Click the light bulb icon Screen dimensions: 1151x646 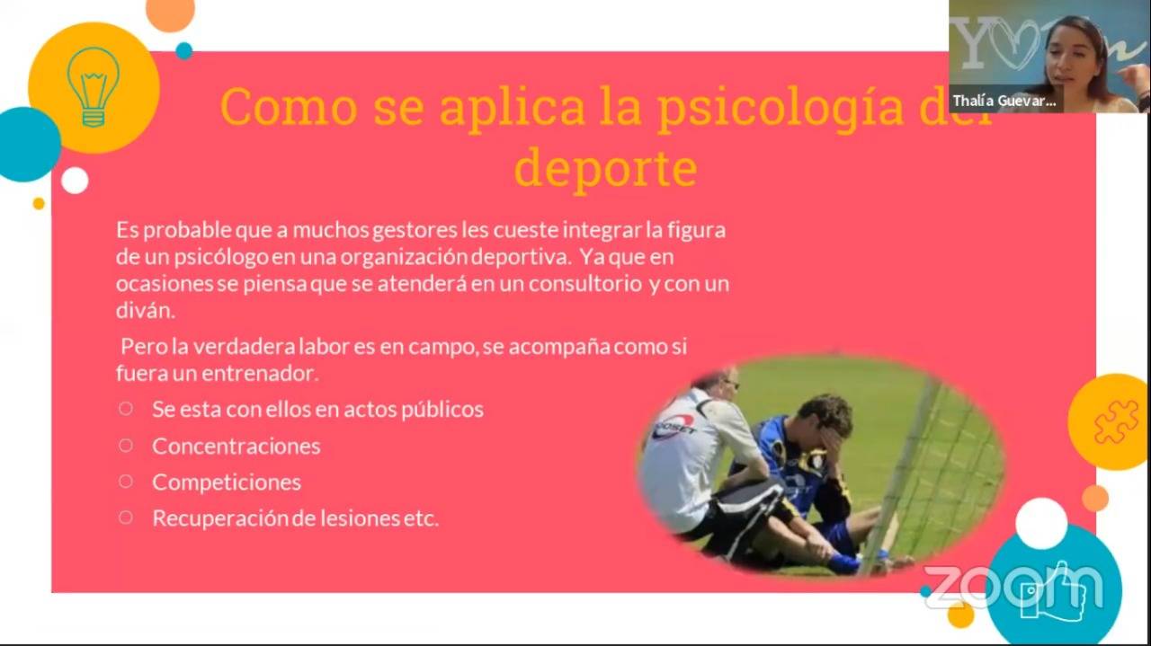coord(94,87)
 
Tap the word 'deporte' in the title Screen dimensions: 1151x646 coord(606,167)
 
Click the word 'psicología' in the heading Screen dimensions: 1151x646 coord(781,109)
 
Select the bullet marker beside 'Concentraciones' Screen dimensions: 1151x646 coord(125,446)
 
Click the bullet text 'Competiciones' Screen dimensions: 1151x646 coord(227,482)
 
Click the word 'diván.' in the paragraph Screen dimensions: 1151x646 coord(146,310)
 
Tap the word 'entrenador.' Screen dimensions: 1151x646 coord(260,374)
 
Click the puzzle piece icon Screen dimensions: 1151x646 coord(1116,422)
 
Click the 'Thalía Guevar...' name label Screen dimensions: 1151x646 coord(1005,100)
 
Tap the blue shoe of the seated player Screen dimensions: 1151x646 coord(844,562)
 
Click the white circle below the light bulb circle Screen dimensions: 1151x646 coord(75,181)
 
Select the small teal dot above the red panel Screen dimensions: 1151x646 coord(184,51)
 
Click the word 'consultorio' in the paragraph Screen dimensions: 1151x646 coord(584,283)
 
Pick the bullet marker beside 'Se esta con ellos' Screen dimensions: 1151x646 coord(125,409)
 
